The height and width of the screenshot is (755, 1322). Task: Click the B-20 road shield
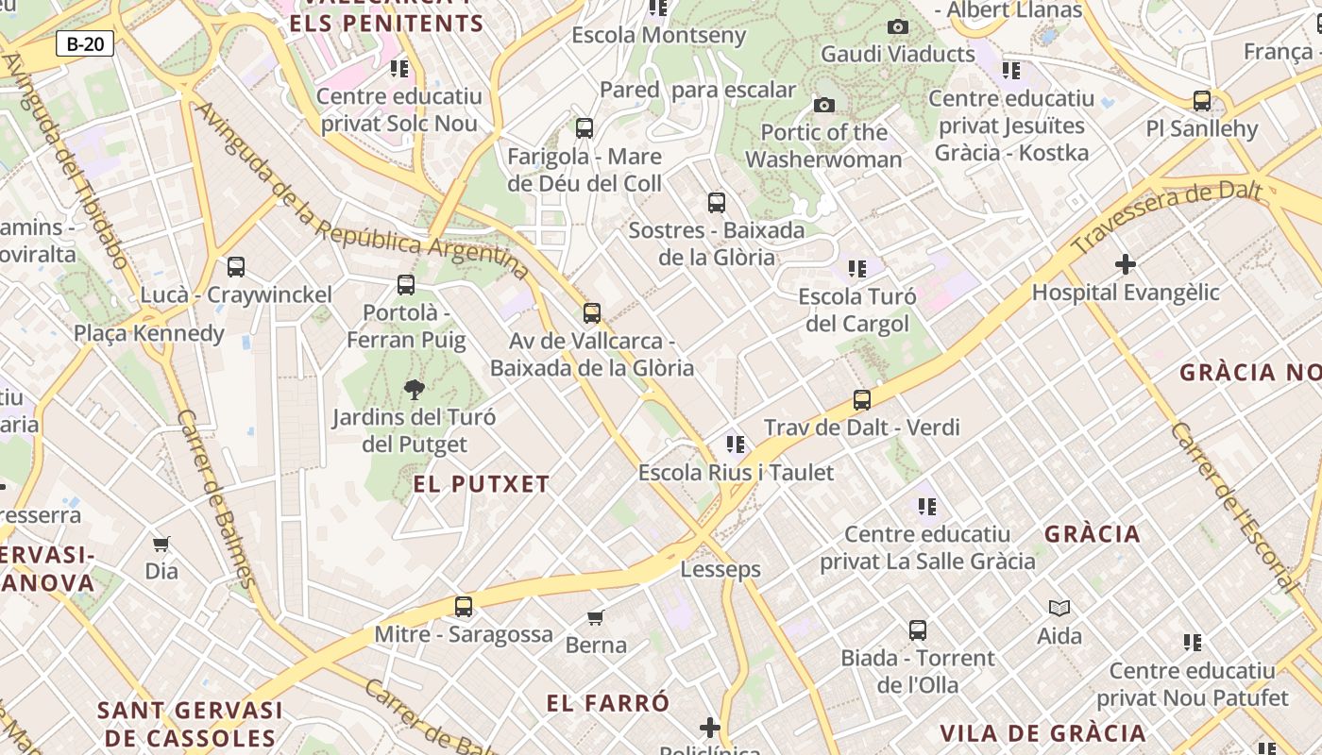click(85, 43)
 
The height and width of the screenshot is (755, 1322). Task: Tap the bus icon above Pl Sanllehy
click(1202, 101)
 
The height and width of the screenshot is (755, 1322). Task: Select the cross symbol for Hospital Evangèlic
click(1125, 264)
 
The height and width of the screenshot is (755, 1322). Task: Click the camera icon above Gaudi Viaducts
click(898, 26)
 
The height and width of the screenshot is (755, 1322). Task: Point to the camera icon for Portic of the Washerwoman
click(824, 105)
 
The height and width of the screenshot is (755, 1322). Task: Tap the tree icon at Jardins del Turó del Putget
click(414, 389)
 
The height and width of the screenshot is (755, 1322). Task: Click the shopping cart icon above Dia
click(161, 544)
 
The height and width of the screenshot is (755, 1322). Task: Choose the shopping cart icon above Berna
click(596, 617)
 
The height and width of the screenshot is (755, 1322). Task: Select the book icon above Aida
click(1059, 609)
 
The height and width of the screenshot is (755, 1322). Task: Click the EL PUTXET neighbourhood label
click(482, 484)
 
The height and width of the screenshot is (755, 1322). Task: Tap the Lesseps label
click(720, 569)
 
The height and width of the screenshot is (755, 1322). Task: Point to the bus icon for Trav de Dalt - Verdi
click(862, 400)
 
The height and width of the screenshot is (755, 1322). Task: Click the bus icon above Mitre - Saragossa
click(464, 607)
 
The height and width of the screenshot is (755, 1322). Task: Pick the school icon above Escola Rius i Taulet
click(736, 444)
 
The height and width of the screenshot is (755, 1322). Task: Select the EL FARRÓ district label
click(608, 703)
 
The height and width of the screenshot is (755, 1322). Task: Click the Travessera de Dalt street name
click(1167, 218)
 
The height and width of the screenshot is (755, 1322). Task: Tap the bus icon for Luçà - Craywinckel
click(236, 267)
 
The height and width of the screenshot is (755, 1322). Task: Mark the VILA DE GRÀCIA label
click(1042, 733)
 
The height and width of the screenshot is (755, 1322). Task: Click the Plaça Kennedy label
click(149, 333)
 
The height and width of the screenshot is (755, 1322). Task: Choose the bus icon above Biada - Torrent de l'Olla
click(918, 630)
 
